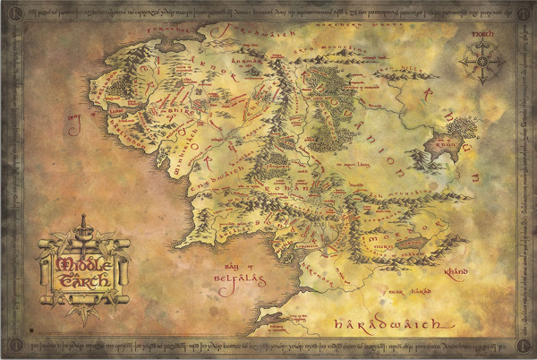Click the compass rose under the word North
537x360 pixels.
481,64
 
